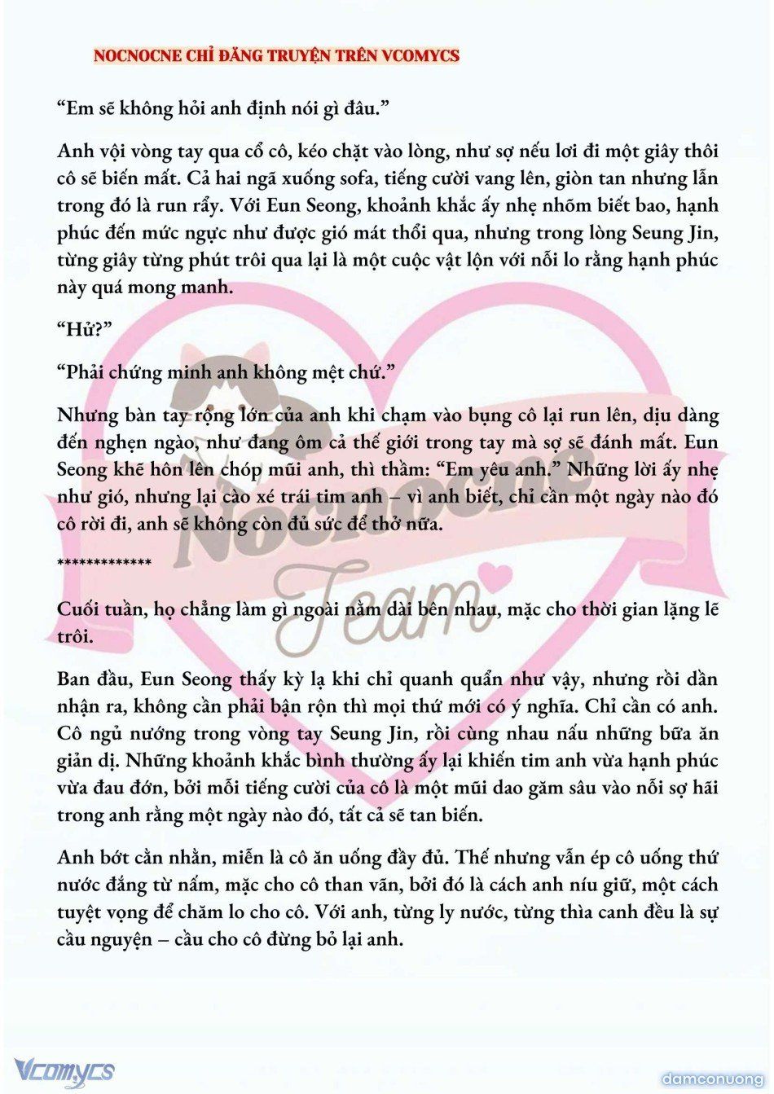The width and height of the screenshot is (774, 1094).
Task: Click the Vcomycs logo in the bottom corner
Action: [x=64, y=1070]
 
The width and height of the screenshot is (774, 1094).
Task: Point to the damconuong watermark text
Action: [x=712, y=1079]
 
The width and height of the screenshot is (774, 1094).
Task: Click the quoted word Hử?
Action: [x=85, y=329]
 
